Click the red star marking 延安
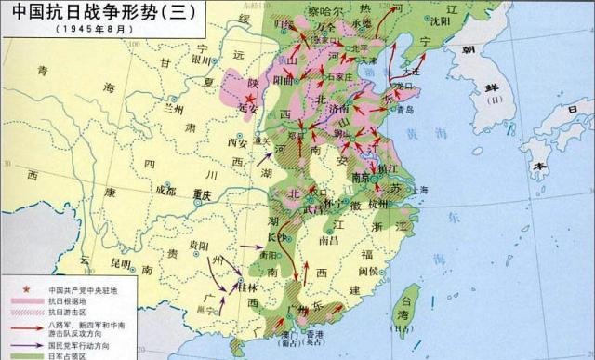(x=248, y=96)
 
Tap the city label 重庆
(x=203, y=195)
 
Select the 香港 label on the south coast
(x=316, y=335)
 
